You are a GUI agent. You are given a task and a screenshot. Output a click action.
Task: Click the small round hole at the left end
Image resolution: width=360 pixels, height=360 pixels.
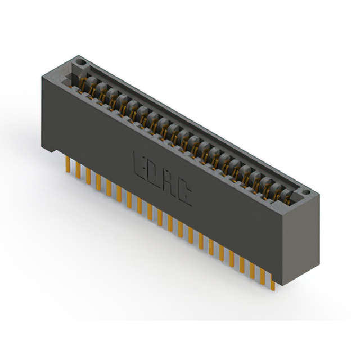point(81,60)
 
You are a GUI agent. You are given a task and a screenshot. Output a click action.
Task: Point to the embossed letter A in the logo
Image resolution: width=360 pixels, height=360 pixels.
point(170,182)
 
